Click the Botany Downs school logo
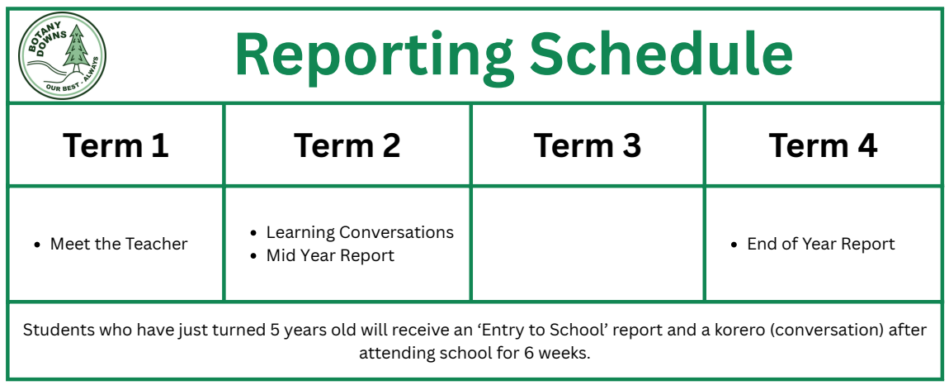(x=63, y=55)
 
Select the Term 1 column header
(x=116, y=146)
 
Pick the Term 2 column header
(x=347, y=146)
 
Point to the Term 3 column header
(x=587, y=146)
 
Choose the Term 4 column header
(x=823, y=146)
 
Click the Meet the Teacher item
(x=119, y=244)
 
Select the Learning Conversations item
(x=360, y=232)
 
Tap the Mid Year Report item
(x=330, y=255)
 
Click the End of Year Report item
(x=821, y=244)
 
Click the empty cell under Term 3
(x=587, y=244)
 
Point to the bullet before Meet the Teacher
(x=38, y=245)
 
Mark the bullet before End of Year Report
(x=734, y=245)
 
